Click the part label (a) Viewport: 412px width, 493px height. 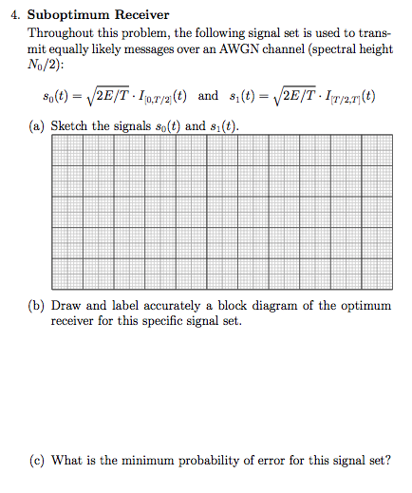coord(39,127)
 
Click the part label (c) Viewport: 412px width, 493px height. coord(39,461)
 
